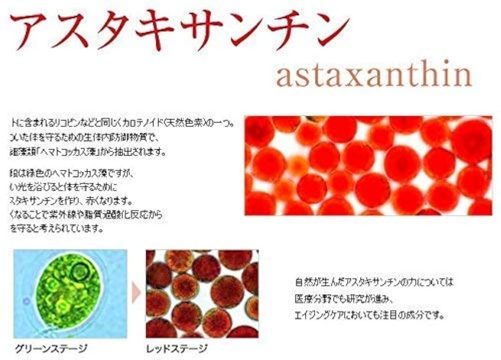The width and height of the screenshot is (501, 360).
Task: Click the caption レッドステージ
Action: click(176, 348)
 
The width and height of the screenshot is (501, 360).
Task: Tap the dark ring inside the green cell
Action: click(79, 272)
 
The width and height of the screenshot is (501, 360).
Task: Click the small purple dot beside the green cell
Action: click(27, 301)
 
